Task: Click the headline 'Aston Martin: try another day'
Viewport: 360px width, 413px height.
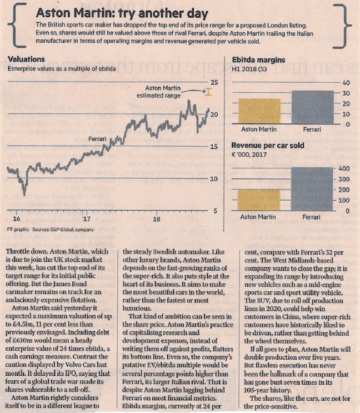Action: pos(122,13)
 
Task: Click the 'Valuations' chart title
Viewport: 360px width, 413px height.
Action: pos(26,59)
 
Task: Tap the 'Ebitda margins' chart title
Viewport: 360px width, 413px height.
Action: pos(258,60)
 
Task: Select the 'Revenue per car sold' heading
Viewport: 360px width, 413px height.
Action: pos(268,146)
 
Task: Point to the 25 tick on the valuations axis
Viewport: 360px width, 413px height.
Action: pos(214,82)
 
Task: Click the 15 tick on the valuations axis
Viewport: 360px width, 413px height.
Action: pos(214,147)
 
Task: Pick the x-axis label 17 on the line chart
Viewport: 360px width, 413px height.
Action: pos(87,219)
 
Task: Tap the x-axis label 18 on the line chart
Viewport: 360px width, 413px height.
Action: pos(157,219)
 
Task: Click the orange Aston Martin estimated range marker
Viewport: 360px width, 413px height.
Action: pos(208,92)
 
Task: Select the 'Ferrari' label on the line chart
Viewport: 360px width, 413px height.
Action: pos(97,139)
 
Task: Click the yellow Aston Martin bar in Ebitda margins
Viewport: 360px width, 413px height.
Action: pos(259,111)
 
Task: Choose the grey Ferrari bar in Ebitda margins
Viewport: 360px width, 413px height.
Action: pos(313,107)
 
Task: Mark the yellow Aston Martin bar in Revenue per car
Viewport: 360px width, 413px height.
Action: pos(259,200)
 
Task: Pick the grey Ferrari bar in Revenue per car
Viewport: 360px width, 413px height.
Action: pos(312,189)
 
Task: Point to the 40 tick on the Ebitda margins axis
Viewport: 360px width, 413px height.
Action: pos(346,83)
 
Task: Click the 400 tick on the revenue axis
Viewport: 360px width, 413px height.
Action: pos(344,168)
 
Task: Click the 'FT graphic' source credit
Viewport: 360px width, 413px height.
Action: pos(18,230)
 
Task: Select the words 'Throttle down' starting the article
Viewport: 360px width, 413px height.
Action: pos(26,252)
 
